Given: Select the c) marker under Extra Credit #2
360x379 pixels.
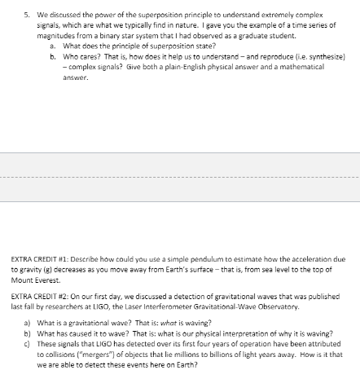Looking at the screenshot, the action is coord(27,343).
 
